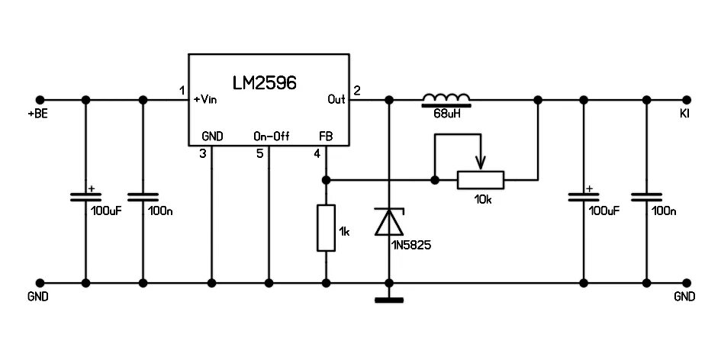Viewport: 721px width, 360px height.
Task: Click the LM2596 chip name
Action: (265, 81)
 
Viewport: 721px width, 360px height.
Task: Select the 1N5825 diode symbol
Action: (389, 222)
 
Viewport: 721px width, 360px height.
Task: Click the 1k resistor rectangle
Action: (326, 227)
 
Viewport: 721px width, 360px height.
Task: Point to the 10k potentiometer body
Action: (481, 180)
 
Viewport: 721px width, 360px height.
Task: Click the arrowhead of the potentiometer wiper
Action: (481, 163)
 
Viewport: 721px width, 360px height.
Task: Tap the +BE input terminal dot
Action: (40, 100)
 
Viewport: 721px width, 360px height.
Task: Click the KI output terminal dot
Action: (687, 100)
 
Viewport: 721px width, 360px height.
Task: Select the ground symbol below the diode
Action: (389, 299)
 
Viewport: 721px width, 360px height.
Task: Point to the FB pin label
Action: (326, 136)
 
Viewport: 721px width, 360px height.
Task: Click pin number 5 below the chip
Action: (260, 154)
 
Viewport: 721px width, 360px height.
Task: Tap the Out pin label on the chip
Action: (336, 99)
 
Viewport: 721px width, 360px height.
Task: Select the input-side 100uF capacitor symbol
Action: (85, 197)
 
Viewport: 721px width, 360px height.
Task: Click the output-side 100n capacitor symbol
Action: (647, 197)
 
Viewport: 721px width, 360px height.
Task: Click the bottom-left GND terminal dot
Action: (40, 282)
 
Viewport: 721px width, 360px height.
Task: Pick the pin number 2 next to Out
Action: (357, 91)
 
